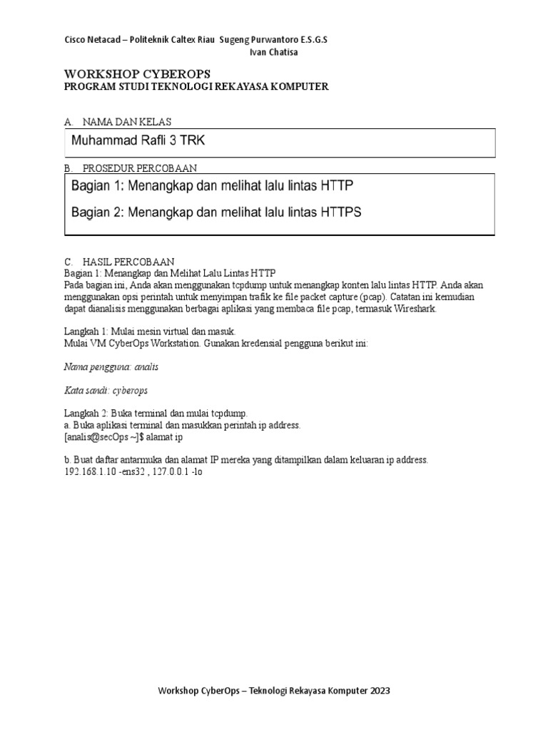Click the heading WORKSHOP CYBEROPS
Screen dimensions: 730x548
pyautogui.click(x=137, y=74)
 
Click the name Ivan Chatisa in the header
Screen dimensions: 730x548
pyautogui.click(x=274, y=52)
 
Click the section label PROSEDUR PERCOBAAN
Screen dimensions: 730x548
pyautogui.click(x=140, y=168)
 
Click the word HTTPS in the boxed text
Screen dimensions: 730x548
pyautogui.click(x=340, y=212)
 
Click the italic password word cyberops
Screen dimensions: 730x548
pyautogui.click(x=129, y=391)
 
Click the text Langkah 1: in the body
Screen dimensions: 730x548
pyautogui.click(x=84, y=331)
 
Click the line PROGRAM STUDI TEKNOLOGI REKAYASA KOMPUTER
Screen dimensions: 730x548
pyautogui.click(x=196, y=86)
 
